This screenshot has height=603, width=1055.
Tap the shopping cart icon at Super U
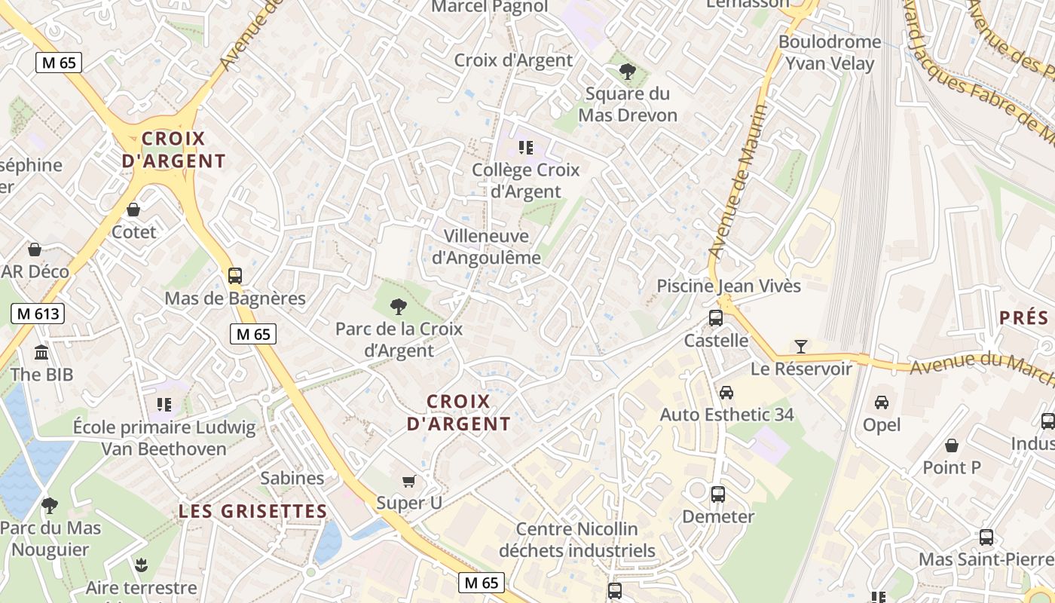coord(409,481)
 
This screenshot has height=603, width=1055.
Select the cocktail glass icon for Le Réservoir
coord(800,346)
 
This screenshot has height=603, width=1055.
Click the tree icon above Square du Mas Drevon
coord(627,72)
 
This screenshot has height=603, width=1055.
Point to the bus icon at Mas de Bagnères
coord(235,276)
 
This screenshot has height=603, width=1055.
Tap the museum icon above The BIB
coord(41,352)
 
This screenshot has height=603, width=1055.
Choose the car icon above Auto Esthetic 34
coord(726,393)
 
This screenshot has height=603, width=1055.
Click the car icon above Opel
coord(882,403)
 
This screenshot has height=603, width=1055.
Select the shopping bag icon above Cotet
coord(133,210)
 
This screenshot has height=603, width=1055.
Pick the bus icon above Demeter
coord(717,494)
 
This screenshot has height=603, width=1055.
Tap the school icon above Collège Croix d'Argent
coord(526,148)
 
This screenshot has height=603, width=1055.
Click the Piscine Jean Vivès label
coord(729,286)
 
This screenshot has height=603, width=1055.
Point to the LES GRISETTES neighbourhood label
coord(253,512)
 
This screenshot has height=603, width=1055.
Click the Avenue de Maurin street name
coord(738,181)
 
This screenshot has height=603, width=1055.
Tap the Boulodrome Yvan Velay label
coord(830,53)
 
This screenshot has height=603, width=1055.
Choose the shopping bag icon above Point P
coord(952,445)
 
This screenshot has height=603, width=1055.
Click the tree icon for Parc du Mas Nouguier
coord(50,505)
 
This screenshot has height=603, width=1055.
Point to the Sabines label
coord(292,478)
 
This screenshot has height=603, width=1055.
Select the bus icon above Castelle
coord(716,318)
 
